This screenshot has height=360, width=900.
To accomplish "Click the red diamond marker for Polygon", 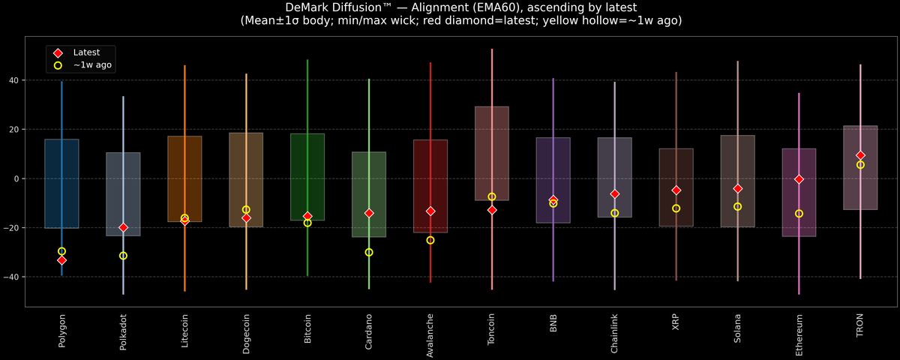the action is pyautogui.click(x=61, y=260).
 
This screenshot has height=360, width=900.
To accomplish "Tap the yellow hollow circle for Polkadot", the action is pyautogui.click(x=123, y=256).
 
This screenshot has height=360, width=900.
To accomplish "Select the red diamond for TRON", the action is pyautogui.click(x=860, y=155).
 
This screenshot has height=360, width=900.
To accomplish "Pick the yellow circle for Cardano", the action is pyautogui.click(x=369, y=252).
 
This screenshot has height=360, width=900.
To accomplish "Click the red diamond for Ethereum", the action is pyautogui.click(x=799, y=179).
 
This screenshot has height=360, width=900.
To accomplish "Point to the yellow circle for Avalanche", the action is pyautogui.click(x=430, y=240).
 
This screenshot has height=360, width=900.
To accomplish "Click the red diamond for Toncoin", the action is pyautogui.click(x=492, y=210).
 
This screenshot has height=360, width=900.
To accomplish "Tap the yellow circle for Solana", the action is pyautogui.click(x=738, y=206).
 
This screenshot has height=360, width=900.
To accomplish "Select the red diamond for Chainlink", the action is pyautogui.click(x=615, y=194).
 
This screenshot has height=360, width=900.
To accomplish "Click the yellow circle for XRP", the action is pyautogui.click(x=676, y=208).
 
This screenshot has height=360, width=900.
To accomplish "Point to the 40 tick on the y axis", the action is pyautogui.click(x=14, y=80).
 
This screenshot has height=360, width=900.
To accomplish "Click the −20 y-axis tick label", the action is pyautogui.click(x=11, y=228).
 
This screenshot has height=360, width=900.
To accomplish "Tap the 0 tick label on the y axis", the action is pyautogui.click(x=16, y=178).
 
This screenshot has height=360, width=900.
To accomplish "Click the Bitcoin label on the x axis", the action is pyautogui.click(x=307, y=328).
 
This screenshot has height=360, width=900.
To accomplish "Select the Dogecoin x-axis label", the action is pyautogui.click(x=246, y=334).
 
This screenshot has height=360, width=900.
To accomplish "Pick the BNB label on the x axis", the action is pyautogui.click(x=553, y=323).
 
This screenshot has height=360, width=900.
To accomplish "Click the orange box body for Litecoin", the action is pyautogui.click(x=184, y=178).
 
